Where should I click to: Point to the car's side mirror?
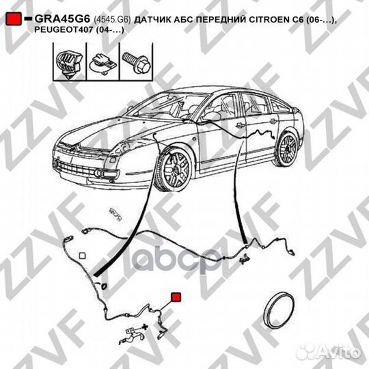(212, 116)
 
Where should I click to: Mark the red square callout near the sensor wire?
(175, 297)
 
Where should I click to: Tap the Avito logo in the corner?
(334, 352)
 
